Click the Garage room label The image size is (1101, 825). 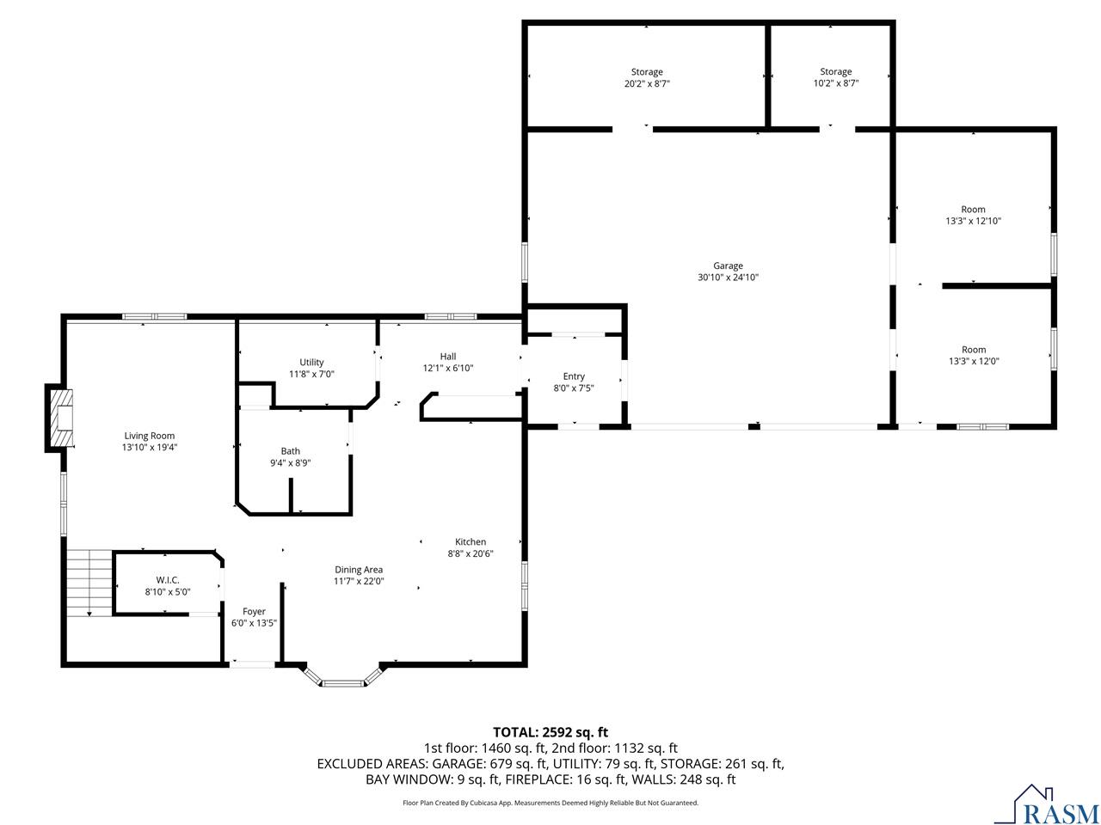pos(728,266)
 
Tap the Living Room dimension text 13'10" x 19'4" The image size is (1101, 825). pos(150,448)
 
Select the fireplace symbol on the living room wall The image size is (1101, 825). pos(60,418)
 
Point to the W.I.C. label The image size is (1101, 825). pos(168,580)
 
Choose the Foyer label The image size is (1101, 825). pos(254,612)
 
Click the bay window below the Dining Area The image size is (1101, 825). pos(342,679)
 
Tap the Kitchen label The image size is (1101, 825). pos(471,542)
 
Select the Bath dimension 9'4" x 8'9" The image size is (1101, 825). pos(290,463)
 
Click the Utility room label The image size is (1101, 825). pos(311,363)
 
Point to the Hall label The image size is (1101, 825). pos(448,357)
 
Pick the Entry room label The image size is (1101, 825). pos(574,376)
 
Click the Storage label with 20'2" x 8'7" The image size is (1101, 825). pos(647,72)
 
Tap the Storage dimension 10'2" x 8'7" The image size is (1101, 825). pos(835,83)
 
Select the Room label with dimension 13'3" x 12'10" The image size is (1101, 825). pos(973,210)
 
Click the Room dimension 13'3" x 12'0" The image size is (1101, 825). pos(973,362)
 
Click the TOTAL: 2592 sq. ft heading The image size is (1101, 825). pos(550,732)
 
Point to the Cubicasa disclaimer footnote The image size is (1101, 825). pos(550,803)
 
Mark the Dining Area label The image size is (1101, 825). pos(359,570)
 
